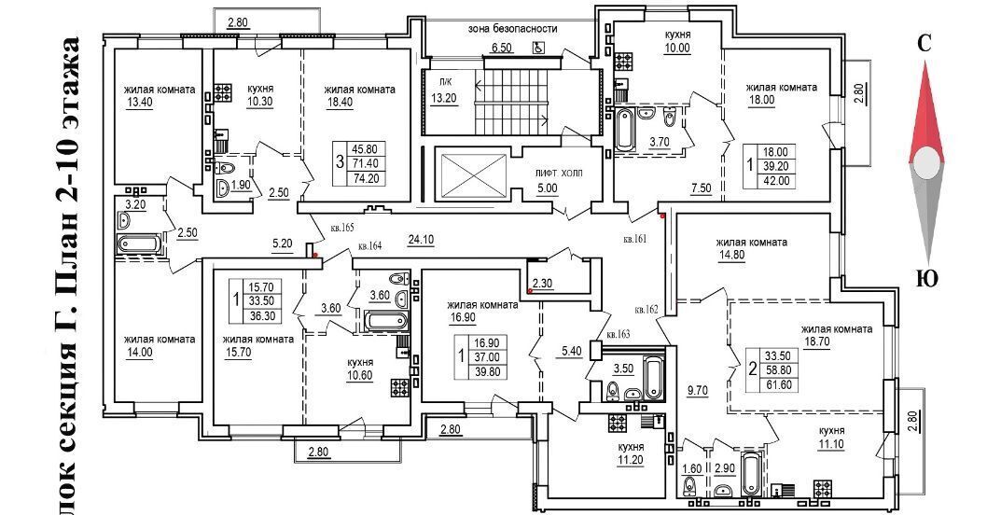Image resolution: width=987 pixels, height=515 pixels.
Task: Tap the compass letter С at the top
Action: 924,43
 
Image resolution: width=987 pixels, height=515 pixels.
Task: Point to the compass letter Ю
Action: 926,279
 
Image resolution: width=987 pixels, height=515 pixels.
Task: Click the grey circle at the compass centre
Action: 925,164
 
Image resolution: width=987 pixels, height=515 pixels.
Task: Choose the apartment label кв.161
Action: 636,240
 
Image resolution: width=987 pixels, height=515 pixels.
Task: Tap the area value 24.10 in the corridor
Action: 422,238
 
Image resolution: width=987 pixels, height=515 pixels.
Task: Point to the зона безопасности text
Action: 513,29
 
